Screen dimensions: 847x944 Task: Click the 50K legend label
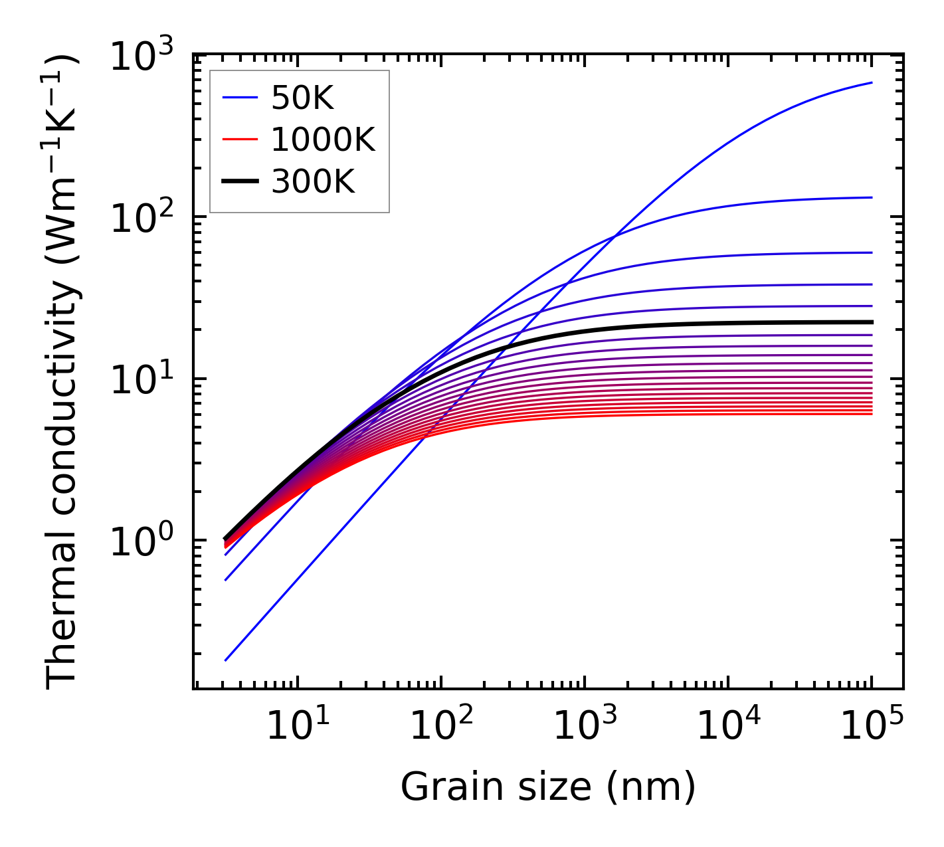[x=302, y=99]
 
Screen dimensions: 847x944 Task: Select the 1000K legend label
[x=323, y=140]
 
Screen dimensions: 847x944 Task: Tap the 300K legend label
[x=313, y=181]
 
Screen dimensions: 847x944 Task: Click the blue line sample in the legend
[x=240, y=99]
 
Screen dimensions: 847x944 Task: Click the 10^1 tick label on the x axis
[x=297, y=725]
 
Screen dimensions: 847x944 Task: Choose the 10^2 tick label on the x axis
[x=441, y=725]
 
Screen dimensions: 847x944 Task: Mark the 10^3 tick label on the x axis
[x=585, y=725]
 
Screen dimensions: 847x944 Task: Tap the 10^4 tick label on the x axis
[x=728, y=725]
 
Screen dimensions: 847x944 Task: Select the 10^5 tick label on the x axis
[x=872, y=725]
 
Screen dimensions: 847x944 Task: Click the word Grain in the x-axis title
[x=438, y=788]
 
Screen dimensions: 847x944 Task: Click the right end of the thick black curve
[x=871, y=322]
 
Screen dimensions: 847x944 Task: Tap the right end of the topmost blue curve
[x=871, y=83]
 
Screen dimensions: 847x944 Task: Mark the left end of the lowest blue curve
[x=226, y=660]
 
